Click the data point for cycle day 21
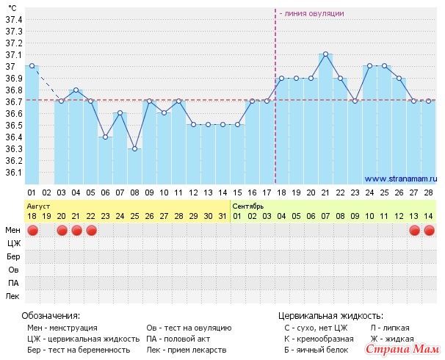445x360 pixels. [325, 54]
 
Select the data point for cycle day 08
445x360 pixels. [134, 149]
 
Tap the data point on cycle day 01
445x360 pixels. [32, 66]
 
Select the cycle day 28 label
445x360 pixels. [429, 192]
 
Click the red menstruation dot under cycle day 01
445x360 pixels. [32, 231]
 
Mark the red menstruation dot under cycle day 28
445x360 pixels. [429, 231]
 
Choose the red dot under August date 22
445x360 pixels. [91, 231]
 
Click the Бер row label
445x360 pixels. [13, 257]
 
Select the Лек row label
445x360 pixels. [13, 296]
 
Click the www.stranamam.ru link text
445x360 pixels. [400, 178]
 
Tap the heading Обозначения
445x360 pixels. [51, 314]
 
